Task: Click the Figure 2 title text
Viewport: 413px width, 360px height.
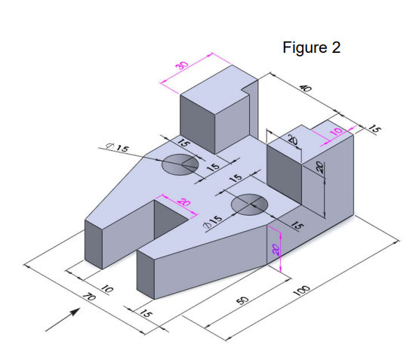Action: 311,48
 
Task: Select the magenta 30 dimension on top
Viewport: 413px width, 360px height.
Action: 181,66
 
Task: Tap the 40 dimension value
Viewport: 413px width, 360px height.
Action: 305,88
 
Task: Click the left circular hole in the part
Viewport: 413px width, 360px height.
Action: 180,164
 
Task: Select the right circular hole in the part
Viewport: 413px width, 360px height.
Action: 249,204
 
